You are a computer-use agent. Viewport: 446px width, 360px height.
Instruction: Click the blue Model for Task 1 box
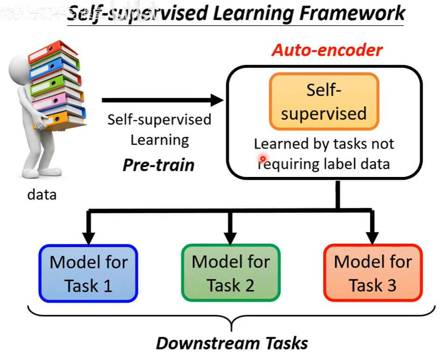coord(89,273)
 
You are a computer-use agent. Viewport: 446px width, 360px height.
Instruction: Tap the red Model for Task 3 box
coord(373,273)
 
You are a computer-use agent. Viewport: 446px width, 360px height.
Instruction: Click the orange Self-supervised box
coord(324,101)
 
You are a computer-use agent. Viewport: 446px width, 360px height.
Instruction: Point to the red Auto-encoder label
coord(327,50)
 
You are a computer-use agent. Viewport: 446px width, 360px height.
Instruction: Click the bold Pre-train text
coord(159,165)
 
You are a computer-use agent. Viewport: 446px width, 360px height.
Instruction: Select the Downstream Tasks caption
coord(232,343)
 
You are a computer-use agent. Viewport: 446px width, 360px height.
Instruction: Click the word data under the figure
coord(42,194)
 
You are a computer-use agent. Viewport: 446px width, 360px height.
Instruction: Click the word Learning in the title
coord(248,14)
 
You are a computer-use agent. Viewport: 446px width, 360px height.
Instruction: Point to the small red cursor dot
coord(263,159)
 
